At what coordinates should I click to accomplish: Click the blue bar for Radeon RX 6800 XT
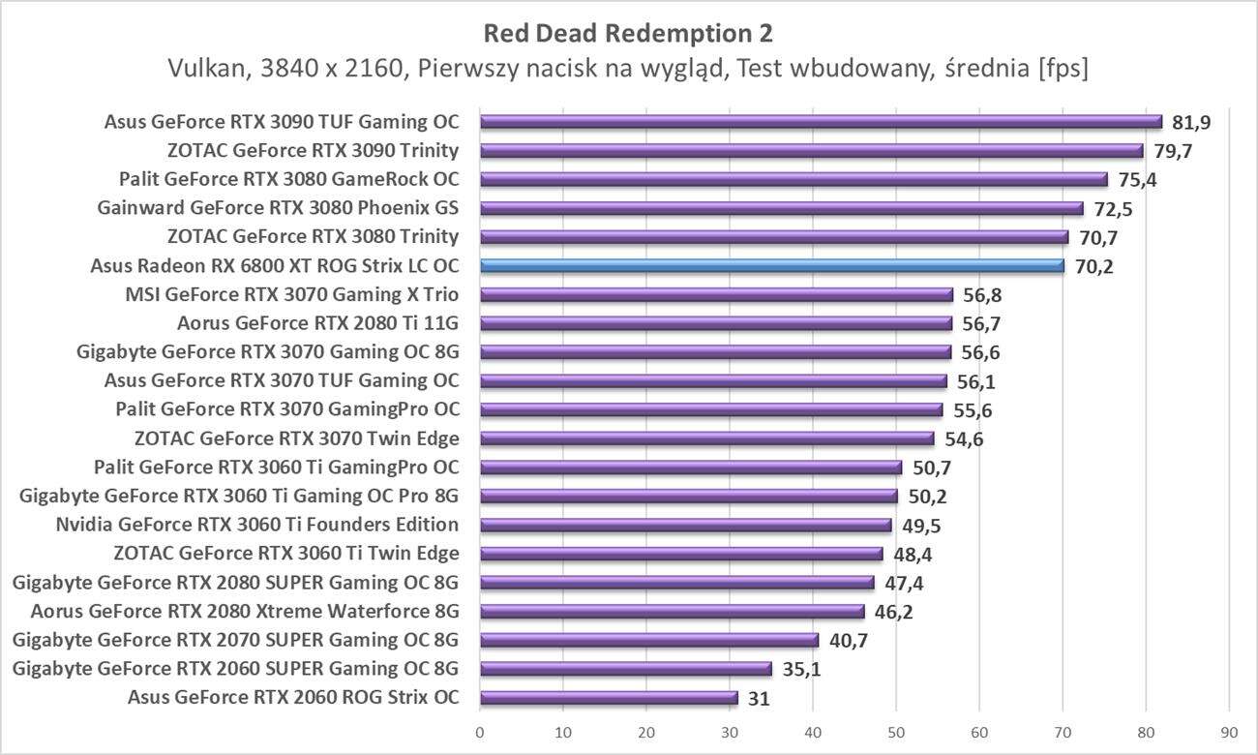772,265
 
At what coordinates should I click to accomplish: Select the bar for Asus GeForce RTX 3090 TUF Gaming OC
821,121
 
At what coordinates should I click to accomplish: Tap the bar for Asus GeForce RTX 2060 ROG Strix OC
609,697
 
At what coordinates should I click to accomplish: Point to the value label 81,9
1190,122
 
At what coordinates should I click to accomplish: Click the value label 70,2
1093,266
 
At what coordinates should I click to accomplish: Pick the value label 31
759,698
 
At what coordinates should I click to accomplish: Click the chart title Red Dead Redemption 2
628,34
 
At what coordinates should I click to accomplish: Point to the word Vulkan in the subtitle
201,69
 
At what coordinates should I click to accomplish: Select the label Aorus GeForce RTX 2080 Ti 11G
318,323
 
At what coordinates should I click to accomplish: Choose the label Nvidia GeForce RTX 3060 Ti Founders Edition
257,525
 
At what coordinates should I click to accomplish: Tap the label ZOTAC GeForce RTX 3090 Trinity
313,150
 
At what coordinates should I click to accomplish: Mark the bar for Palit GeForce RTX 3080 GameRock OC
794,179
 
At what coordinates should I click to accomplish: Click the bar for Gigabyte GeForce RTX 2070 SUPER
649,640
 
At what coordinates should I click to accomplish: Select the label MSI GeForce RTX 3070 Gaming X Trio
292,294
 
